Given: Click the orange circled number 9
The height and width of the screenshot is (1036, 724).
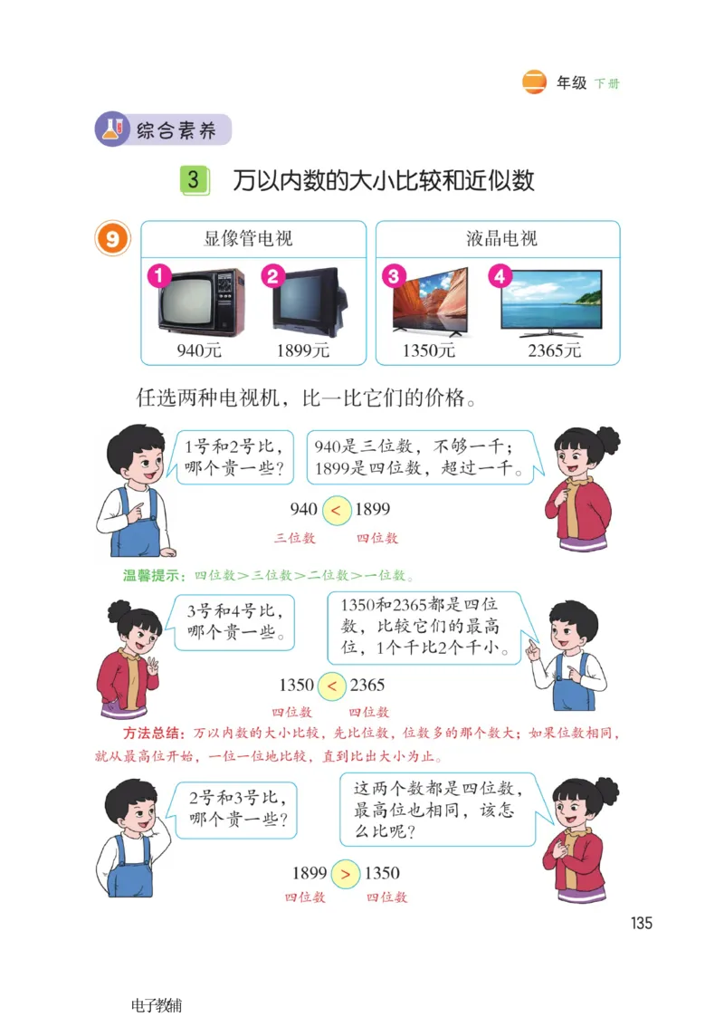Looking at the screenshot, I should (x=113, y=239).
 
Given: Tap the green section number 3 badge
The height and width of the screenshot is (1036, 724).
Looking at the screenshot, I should (x=194, y=179).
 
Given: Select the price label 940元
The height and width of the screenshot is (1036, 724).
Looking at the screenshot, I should (x=199, y=350).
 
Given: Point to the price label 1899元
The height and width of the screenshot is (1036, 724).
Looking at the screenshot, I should (x=303, y=350).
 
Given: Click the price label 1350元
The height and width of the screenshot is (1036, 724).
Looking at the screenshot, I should (x=428, y=350).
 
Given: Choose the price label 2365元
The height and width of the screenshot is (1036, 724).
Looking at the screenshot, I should (x=554, y=350).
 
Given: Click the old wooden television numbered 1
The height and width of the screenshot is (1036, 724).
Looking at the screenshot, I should (x=201, y=302).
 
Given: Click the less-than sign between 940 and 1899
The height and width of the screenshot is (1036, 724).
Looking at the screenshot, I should (x=336, y=511).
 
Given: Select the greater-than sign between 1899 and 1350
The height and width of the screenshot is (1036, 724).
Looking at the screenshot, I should (x=345, y=875).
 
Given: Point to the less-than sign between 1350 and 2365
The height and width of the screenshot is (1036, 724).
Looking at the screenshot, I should (x=332, y=686).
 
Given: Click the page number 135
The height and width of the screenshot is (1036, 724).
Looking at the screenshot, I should (x=641, y=923).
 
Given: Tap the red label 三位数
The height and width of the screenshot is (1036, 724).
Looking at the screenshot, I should (x=295, y=538).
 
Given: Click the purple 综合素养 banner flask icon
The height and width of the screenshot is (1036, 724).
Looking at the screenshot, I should (x=112, y=129).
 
